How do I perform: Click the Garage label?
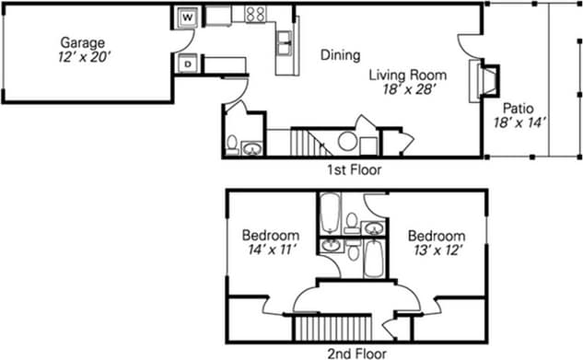point(83,42)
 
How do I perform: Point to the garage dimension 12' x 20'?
point(83,57)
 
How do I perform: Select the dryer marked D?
point(188,64)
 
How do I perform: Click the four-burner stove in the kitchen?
point(255,15)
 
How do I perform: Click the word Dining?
point(340,55)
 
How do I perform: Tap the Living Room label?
point(408,75)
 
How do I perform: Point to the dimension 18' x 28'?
point(409,90)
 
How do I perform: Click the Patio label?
point(518,106)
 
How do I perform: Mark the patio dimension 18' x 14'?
point(520,122)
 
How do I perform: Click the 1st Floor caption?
point(354,169)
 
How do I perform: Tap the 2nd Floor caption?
point(356,352)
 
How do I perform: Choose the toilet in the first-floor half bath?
point(233,145)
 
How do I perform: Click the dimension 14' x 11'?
point(271,250)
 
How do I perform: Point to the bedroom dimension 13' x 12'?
point(437,250)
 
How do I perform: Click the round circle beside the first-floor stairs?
point(348,142)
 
